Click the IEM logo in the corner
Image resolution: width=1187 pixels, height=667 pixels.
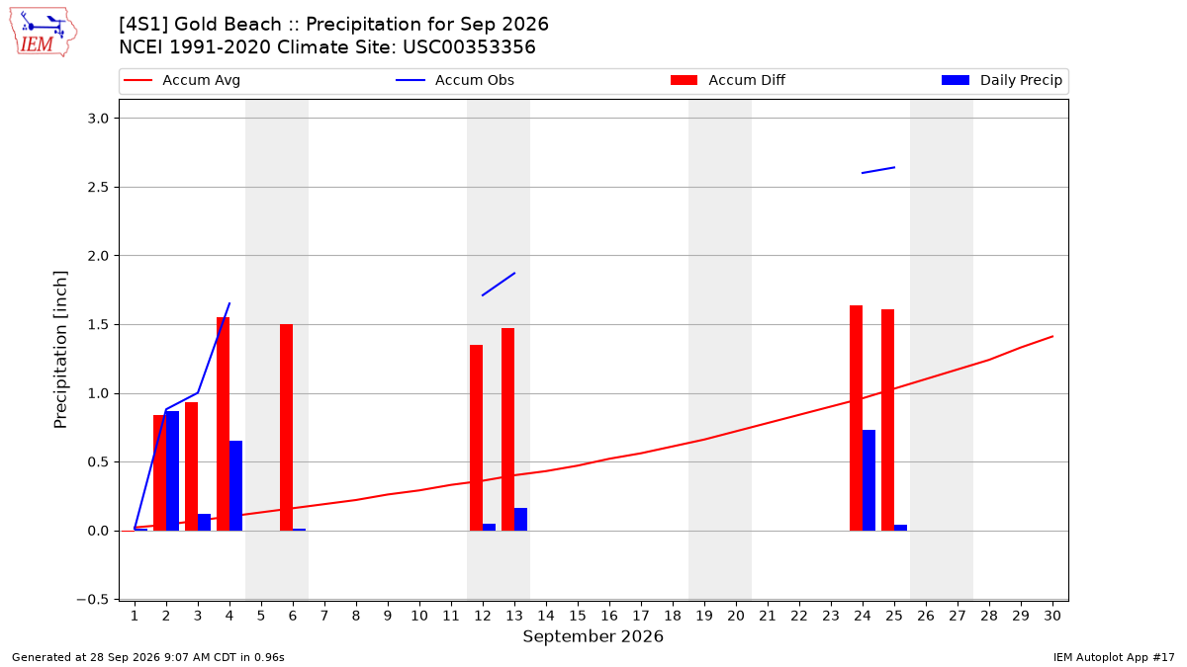tap(44, 33)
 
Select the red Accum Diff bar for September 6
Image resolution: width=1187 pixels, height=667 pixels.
tap(286, 427)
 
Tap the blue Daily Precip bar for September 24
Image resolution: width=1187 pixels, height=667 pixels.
tap(868, 480)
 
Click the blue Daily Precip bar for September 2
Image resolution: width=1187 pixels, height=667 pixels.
tap(172, 470)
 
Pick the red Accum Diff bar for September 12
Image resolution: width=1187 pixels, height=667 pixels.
tap(476, 438)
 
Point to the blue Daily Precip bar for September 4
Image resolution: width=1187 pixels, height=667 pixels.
tap(235, 485)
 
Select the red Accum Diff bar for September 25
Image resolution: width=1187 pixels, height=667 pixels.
tap(887, 420)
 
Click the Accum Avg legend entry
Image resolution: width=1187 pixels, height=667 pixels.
tap(182, 80)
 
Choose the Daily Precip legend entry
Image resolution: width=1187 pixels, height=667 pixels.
tap(1001, 80)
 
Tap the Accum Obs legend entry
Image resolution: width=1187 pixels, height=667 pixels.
tap(455, 80)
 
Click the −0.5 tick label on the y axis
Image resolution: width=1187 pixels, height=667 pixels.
tap(92, 599)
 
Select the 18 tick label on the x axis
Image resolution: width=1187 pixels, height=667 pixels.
tap(673, 616)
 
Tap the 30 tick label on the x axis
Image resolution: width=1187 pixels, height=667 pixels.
tap(1052, 616)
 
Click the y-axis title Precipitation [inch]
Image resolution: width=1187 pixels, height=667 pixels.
tap(60, 350)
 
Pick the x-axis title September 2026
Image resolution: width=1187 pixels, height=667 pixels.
tap(593, 636)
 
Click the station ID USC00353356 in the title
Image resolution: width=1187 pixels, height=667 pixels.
tap(469, 47)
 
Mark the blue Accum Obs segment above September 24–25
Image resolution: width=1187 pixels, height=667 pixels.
tap(878, 170)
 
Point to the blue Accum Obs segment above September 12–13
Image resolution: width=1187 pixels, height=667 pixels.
tap(499, 285)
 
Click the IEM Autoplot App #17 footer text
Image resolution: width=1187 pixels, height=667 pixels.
tap(1114, 657)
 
